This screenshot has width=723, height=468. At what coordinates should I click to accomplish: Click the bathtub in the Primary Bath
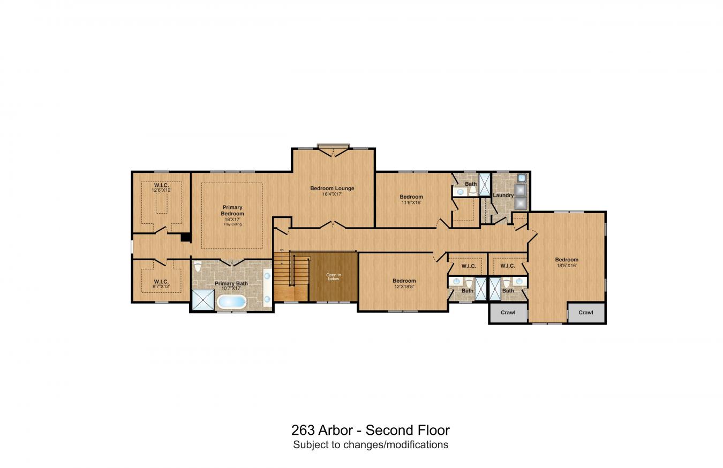pyautogui.click(x=231, y=302)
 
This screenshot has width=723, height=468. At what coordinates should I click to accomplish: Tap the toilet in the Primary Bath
pyautogui.click(x=197, y=266)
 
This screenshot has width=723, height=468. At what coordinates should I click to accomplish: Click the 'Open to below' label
pyautogui.click(x=333, y=277)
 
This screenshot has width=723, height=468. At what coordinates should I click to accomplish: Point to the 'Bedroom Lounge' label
pyautogui.click(x=332, y=188)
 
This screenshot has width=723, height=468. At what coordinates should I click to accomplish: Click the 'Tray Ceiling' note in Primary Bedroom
pyautogui.click(x=232, y=224)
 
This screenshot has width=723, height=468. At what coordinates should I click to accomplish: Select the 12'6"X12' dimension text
pyautogui.click(x=161, y=190)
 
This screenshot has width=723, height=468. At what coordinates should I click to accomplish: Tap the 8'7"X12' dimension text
pyautogui.click(x=161, y=286)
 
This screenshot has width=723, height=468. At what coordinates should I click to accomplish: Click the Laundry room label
pyautogui.click(x=503, y=195)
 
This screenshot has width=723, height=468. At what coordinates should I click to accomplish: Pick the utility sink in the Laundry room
pyautogui.click(x=522, y=178)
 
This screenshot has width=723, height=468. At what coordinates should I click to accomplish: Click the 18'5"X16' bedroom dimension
pyautogui.click(x=567, y=265)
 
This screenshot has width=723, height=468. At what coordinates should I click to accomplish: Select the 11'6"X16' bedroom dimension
pyautogui.click(x=411, y=202)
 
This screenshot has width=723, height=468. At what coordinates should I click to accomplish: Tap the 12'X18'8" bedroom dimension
pyautogui.click(x=404, y=286)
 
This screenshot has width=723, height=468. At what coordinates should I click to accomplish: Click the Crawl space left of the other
pyautogui.click(x=508, y=313)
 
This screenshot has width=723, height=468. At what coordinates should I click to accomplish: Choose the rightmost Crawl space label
pyautogui.click(x=586, y=313)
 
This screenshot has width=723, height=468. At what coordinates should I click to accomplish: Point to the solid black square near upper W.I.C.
pyautogui.click(x=186, y=237)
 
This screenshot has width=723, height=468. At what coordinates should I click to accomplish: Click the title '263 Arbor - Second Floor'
pyautogui.click(x=370, y=430)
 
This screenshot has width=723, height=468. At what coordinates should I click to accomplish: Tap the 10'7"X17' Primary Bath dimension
pyautogui.click(x=231, y=289)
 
